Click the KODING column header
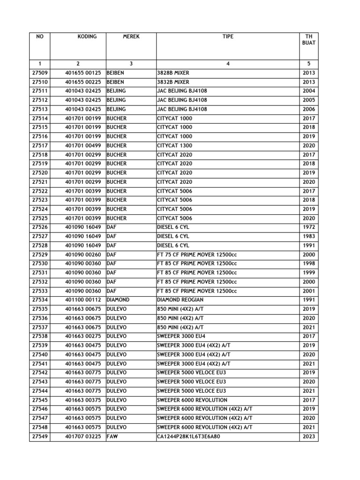(87, 37)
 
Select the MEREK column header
(131, 37)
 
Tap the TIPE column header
(228, 37)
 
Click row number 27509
(40, 73)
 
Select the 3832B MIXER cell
(173, 82)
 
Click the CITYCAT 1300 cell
(175, 146)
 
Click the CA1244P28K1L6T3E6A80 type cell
(188, 437)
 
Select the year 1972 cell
(309, 227)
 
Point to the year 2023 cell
(309, 437)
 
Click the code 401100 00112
(83, 300)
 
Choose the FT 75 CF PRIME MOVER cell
(197, 255)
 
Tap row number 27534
(40, 300)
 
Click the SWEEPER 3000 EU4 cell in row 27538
(181, 336)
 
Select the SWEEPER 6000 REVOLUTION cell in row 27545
(192, 400)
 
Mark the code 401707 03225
(83, 437)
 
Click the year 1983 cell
(309, 237)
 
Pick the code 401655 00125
(83, 73)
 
